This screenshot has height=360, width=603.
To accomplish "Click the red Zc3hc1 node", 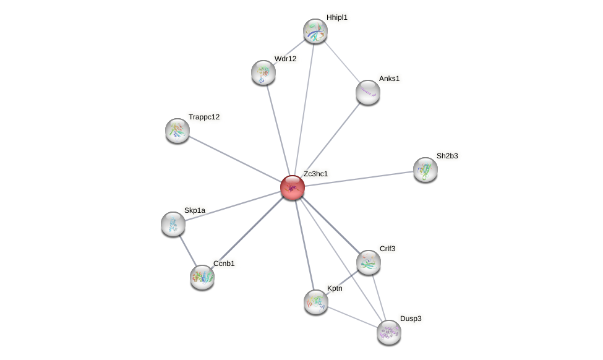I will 293,187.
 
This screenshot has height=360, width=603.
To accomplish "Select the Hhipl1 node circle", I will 315,31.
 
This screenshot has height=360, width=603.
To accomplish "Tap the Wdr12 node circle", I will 263,72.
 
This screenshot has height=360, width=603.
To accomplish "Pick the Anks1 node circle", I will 368,92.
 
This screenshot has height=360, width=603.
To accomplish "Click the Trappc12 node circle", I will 177,131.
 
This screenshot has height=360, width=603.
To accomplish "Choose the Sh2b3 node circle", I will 425,169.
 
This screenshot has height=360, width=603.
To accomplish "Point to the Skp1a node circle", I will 173,224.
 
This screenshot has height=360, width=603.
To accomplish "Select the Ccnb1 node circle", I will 202,277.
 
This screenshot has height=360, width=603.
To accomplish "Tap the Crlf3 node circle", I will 369,262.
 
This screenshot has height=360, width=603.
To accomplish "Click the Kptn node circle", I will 316,302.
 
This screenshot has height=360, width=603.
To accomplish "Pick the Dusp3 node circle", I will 389,332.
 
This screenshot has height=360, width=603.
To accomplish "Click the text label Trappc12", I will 204,117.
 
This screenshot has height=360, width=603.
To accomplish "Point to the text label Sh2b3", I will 447,156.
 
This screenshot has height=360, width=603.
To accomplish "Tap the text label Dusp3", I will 411,319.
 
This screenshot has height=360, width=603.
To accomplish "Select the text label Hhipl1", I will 337,17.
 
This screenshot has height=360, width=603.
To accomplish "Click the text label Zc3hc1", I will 315,174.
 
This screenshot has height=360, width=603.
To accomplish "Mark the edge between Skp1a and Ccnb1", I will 187,251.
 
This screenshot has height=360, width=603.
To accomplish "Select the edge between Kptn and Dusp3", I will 353,317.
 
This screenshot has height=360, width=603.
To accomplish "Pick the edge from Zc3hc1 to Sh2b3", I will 359,178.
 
